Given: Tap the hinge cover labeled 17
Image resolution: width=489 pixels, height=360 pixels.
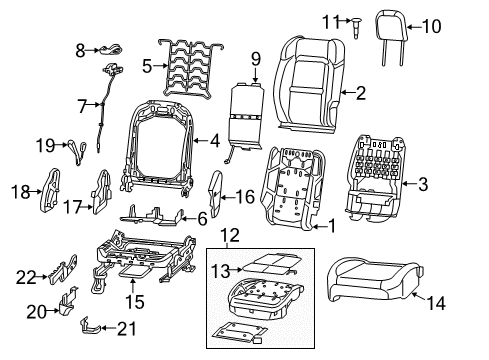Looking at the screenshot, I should [x=100, y=190].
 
